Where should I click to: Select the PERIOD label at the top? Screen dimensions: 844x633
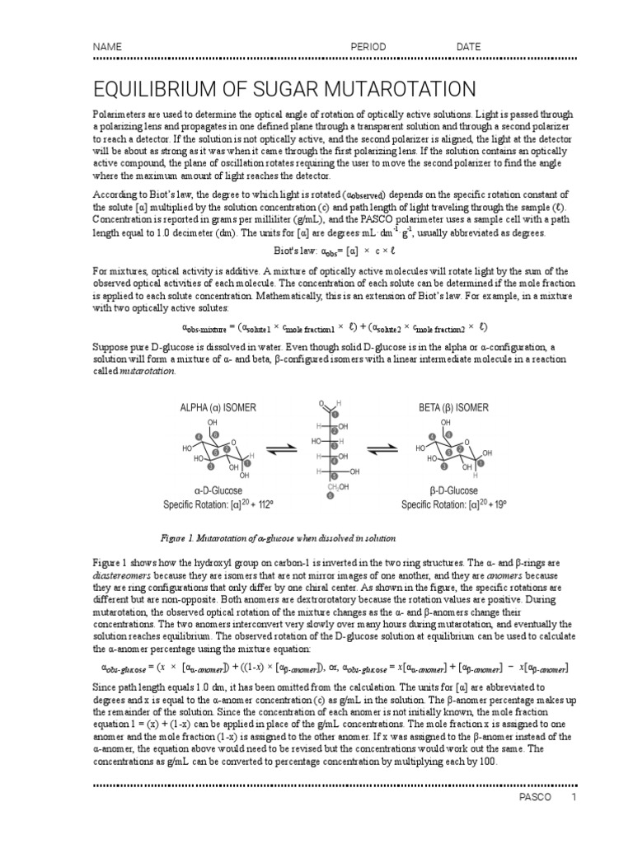368,47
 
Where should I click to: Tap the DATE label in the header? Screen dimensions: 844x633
468,47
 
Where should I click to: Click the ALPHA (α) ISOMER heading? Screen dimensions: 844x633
217,407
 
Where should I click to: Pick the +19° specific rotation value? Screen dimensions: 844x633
495,504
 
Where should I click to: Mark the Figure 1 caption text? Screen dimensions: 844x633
279,537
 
